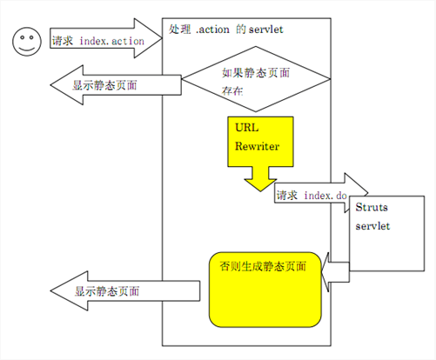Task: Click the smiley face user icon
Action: [27, 42]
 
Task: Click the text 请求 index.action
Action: [98, 41]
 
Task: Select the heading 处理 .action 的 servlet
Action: [226, 30]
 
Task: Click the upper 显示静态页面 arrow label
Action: [104, 85]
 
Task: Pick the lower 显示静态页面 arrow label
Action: [107, 291]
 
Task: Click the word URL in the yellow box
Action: [246, 127]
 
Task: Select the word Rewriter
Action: [257, 146]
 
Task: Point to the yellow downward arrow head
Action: [260, 185]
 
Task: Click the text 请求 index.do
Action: [312, 196]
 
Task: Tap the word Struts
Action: [372, 207]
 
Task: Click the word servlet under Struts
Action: [372, 226]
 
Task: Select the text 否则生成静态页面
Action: [263, 266]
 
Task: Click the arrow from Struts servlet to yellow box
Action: [335, 272]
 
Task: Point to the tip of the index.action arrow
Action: [162, 38]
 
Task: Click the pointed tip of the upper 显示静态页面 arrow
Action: [50, 85]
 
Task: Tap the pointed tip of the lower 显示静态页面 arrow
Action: [50, 290]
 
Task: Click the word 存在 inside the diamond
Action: [232, 91]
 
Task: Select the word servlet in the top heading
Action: [266, 30]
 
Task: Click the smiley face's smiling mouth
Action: [27, 48]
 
